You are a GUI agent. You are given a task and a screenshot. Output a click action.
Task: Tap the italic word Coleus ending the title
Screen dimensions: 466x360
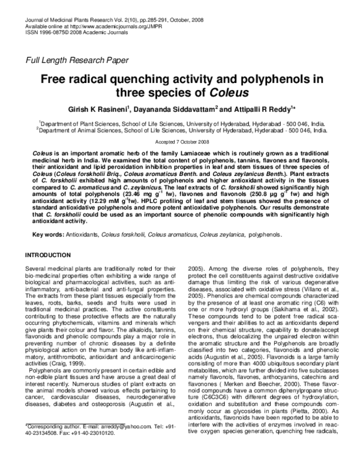227,92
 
